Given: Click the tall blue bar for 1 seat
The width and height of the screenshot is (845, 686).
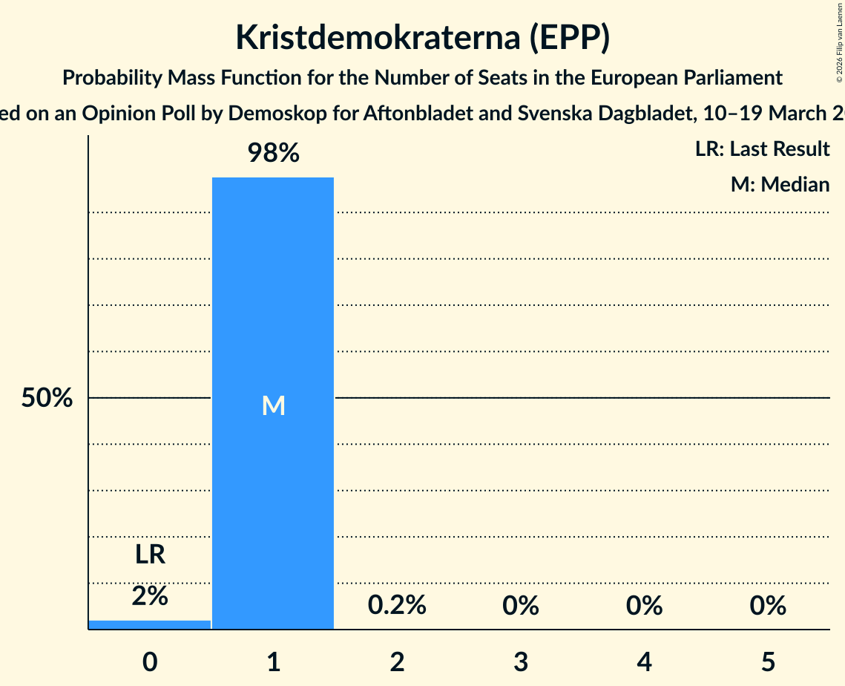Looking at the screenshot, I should (273, 297).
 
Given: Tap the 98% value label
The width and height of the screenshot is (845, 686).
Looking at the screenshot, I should (273, 154).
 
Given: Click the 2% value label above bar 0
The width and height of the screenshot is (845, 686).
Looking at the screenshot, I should (150, 595).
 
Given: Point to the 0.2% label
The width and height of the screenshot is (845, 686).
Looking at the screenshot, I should (397, 606).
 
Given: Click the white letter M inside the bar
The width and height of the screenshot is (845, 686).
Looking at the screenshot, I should (273, 405).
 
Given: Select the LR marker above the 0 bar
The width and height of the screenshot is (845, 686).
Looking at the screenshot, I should (150, 555).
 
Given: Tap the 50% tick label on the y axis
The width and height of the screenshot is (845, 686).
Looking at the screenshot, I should (47, 399).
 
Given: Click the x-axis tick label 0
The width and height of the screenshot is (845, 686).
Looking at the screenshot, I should (150, 661).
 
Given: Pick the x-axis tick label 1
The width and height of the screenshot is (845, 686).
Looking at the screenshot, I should (274, 661).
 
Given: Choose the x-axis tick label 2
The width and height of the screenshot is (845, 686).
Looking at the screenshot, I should (397, 661).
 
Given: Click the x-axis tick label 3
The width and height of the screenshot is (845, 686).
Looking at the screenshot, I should (521, 661).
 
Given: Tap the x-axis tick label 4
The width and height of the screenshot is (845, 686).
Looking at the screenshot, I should (644, 661).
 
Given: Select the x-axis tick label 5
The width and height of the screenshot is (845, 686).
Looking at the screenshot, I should (768, 661).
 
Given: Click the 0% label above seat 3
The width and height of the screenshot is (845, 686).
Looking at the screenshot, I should (521, 606).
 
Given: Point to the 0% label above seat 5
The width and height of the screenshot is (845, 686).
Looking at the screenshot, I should (768, 606).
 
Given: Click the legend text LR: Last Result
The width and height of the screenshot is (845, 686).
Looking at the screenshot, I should (762, 149).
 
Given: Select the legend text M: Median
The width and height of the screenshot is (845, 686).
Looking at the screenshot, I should (780, 184).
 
